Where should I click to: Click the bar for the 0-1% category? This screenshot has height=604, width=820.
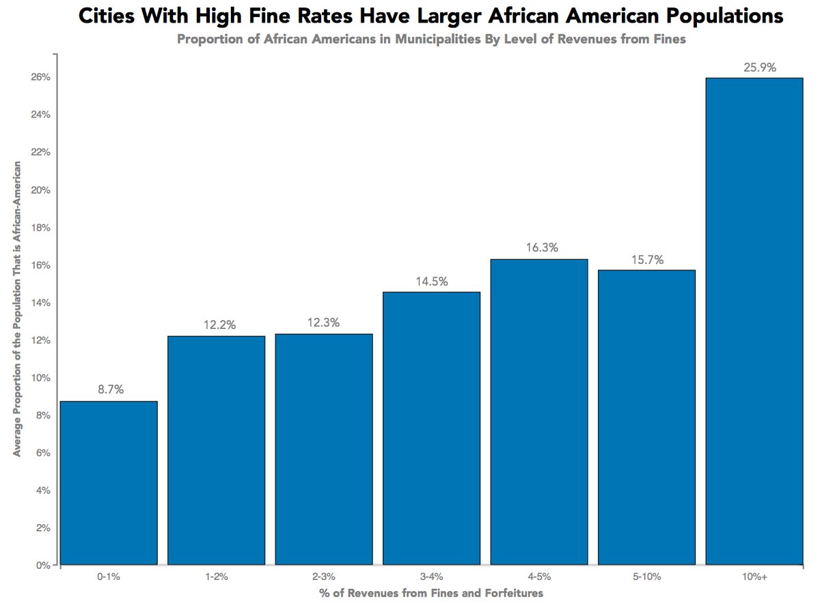click(x=109, y=483)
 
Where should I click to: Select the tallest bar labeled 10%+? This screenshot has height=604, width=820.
click(x=754, y=321)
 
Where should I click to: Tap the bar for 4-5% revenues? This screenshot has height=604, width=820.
click(x=539, y=412)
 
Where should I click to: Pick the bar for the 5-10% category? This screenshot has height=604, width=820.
click(x=646, y=417)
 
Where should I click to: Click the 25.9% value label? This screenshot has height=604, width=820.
click(x=754, y=68)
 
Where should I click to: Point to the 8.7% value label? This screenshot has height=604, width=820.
click(x=109, y=390)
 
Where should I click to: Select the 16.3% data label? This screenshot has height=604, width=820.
click(x=542, y=248)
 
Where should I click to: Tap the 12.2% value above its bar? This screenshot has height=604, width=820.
click(x=219, y=325)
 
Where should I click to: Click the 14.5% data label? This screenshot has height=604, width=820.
click(x=431, y=281)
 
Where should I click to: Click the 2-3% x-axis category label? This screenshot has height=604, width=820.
click(x=324, y=577)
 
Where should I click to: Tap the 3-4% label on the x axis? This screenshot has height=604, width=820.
click(x=431, y=577)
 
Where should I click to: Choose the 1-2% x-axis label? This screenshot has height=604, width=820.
click(x=216, y=577)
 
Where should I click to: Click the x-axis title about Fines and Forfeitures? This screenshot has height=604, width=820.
click(x=431, y=593)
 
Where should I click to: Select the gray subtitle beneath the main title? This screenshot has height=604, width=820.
click(x=431, y=39)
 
